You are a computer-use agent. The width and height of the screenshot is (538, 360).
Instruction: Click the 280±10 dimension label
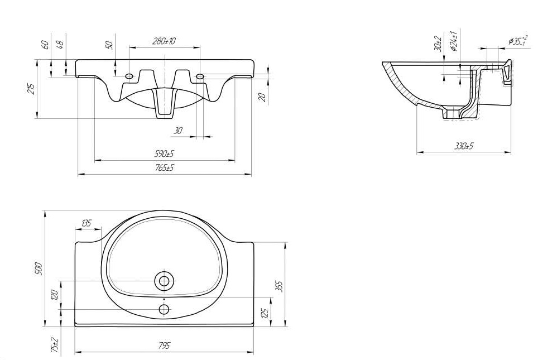point(164,41)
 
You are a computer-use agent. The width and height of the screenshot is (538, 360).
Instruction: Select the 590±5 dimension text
point(164,153)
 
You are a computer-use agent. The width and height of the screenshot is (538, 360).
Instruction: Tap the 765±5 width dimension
point(164,168)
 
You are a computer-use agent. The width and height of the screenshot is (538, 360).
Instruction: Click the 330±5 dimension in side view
point(464,146)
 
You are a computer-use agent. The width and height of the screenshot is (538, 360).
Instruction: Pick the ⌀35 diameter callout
point(517,41)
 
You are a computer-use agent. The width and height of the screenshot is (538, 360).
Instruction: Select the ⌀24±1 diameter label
point(453,41)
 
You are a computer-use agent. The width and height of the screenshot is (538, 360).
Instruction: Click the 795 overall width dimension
point(164,345)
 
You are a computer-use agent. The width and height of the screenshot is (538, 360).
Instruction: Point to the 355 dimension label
point(279,286)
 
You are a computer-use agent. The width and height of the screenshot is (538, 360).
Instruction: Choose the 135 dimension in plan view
point(86,223)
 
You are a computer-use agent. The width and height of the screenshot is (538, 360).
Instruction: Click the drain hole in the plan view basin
point(164,281)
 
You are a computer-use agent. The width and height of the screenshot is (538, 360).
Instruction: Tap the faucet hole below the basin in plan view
point(164,310)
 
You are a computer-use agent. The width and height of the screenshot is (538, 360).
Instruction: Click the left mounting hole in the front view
point(129,76)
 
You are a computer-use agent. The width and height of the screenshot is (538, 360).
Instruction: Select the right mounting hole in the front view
point(200,76)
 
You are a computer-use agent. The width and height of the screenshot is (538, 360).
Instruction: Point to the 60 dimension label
point(45,44)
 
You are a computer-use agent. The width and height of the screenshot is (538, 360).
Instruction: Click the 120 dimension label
point(54,295)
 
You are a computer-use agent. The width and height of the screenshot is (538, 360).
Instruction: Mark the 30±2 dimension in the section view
point(438,43)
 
